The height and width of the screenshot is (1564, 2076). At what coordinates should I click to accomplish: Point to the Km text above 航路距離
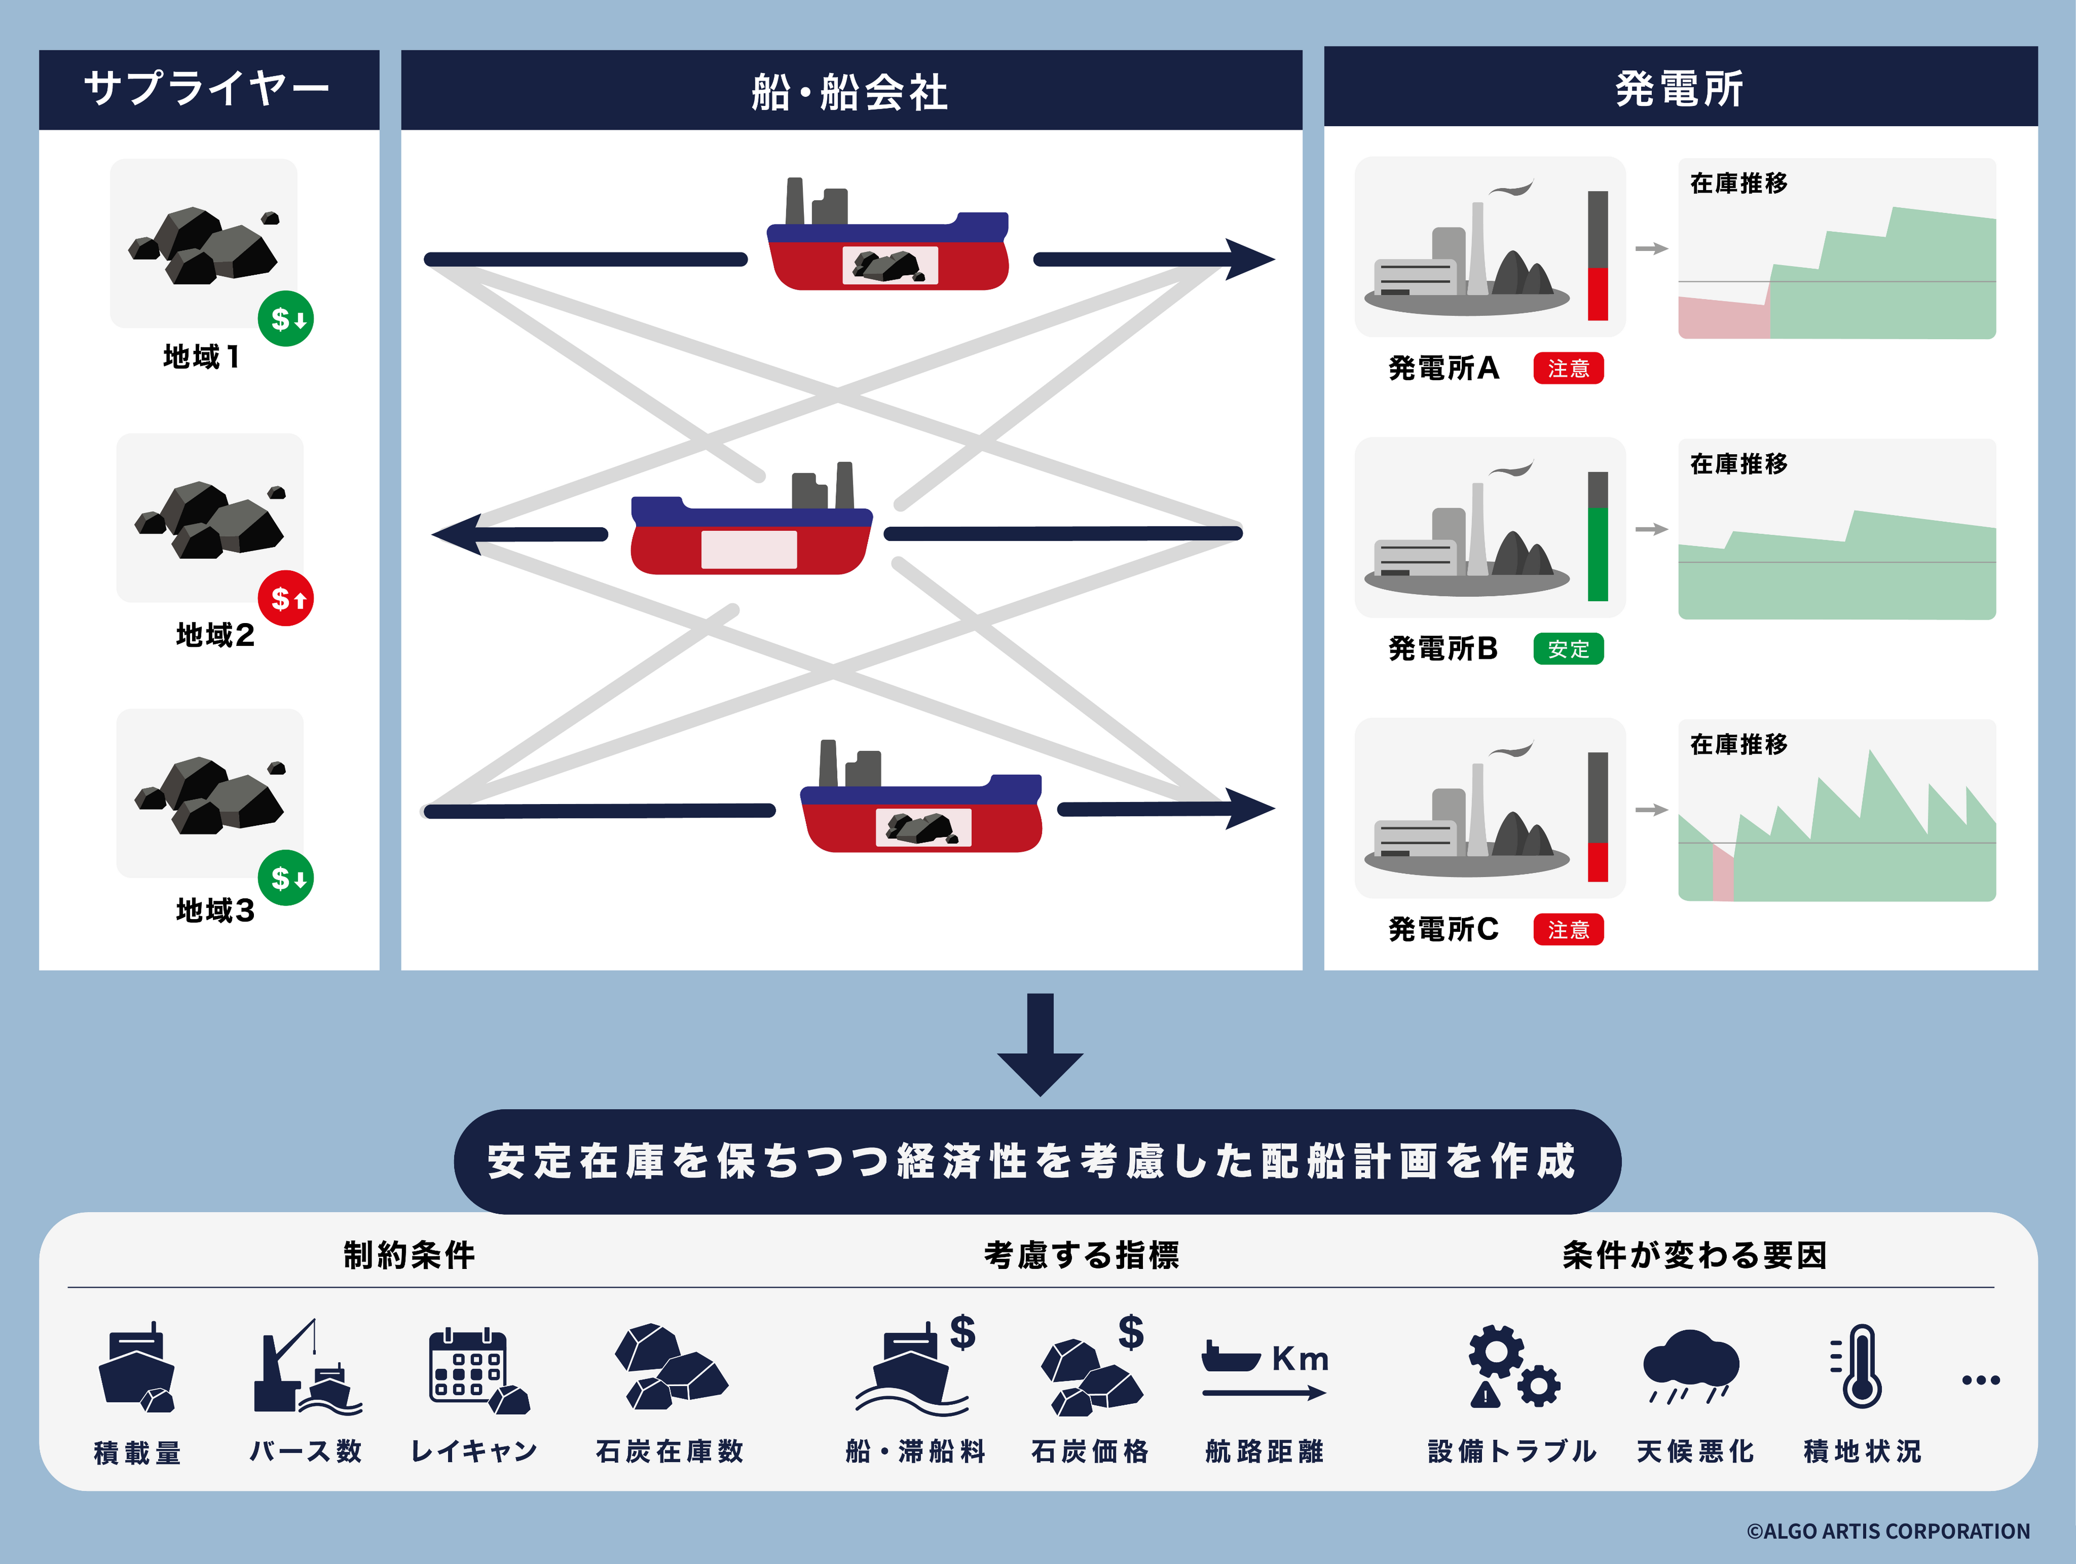coord(1300,1358)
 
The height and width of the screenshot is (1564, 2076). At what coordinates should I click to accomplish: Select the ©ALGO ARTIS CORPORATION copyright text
coord(1888,1531)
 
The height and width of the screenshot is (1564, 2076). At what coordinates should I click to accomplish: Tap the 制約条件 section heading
coord(409,1255)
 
